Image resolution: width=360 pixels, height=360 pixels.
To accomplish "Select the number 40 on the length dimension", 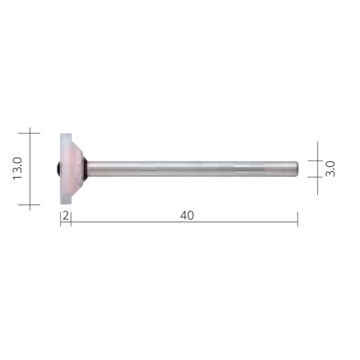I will tap(187, 216).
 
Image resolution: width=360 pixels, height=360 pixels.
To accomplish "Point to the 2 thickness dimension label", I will tap(66, 216).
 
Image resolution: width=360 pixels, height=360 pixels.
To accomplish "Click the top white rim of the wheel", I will tap(66, 137).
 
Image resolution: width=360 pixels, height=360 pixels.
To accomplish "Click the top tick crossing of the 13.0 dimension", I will tap(30, 133).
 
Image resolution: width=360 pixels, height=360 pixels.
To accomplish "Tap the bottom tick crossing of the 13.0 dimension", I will tap(30, 205).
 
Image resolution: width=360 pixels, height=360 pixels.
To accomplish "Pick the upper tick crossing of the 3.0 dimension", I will tap(318, 161).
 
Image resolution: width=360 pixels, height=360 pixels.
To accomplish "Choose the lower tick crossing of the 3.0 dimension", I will tap(318, 177).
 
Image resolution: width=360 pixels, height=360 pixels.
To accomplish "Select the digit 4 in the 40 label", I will tap(184, 216).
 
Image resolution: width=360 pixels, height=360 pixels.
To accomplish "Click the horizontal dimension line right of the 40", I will tap(247, 222).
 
